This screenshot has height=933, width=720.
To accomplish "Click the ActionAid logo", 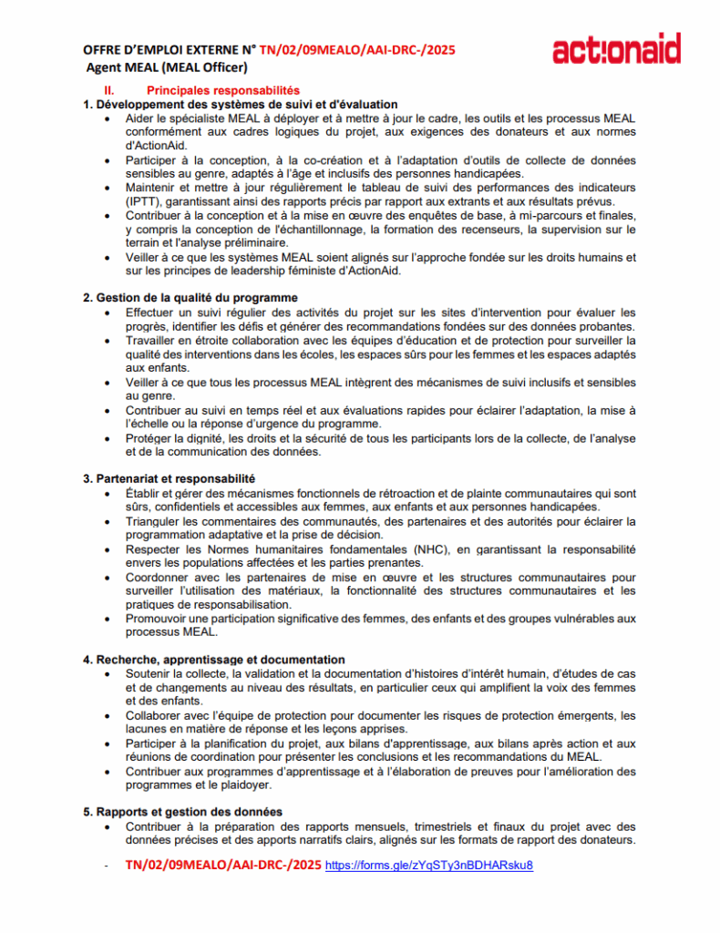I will [616, 48].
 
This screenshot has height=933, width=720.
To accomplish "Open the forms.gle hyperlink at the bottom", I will [428, 865].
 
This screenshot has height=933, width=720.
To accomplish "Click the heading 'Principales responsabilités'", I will [222, 91].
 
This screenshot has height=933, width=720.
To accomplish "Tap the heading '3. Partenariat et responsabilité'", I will [169, 478].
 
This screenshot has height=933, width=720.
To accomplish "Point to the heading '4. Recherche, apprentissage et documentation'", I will [214, 660].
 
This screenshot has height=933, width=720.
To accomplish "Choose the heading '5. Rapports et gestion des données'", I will [182, 812].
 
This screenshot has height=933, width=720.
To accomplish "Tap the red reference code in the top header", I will [357, 50].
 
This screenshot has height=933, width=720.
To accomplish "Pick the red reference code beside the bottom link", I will [222, 865].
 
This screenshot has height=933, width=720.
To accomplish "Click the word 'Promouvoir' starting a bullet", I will [159, 619].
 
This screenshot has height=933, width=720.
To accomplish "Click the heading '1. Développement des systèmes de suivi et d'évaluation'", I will [241, 105].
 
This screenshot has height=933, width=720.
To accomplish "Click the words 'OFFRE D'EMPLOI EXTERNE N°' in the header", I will [169, 50].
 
